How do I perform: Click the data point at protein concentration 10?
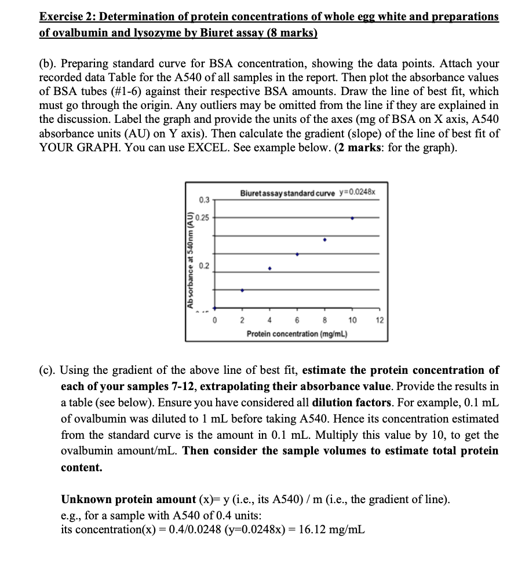tap(352, 219)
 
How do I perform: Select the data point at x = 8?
tap(324, 239)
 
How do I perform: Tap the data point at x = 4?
tap(269, 268)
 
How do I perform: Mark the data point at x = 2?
tap(242, 290)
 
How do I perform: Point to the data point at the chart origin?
tap(214, 308)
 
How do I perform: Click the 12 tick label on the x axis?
tap(380, 321)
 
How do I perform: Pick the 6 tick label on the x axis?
tap(297, 321)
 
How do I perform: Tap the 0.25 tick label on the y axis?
tap(202, 219)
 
